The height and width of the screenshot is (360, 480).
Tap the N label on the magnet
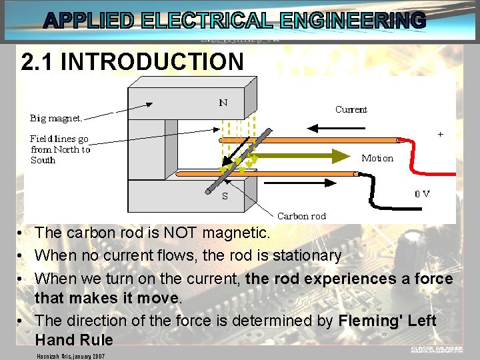pyautogui.click(x=223, y=103)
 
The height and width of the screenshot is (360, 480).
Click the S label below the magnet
pyautogui.click(x=225, y=195)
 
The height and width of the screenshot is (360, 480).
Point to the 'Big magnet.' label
pyautogui.click(x=57, y=119)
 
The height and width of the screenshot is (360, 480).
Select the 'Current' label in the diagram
pyautogui.click(x=351, y=109)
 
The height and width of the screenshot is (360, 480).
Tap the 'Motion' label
pyautogui.click(x=377, y=158)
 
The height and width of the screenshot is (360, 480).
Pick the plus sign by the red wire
pyautogui.click(x=440, y=134)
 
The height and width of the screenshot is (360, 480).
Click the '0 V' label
pyautogui.click(x=422, y=194)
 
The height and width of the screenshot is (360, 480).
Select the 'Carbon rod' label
pyautogui.click(x=301, y=215)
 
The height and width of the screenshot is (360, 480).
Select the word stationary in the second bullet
pyautogui.click(x=305, y=255)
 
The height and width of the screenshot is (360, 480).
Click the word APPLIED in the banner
pyautogui.click(x=91, y=21)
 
